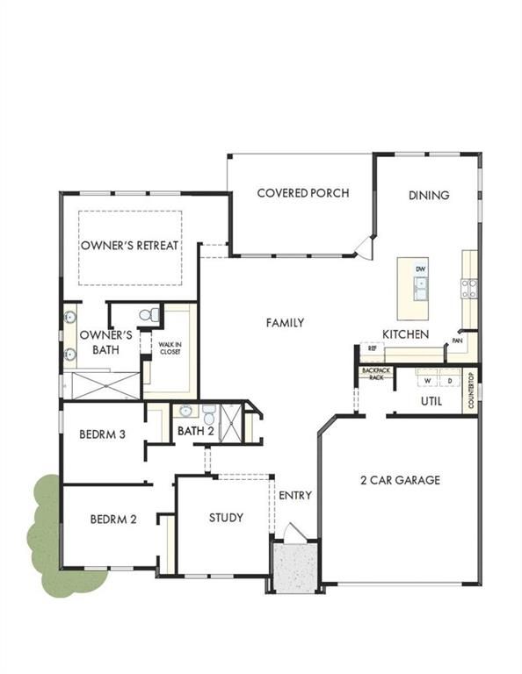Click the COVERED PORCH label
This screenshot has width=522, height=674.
pyautogui.click(x=303, y=193)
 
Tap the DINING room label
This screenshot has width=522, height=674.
pyautogui.click(x=429, y=195)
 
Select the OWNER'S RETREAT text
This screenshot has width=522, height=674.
pyautogui.click(x=129, y=246)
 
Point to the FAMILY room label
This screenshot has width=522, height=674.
pyautogui.click(x=285, y=322)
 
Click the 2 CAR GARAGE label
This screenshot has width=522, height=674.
pyautogui.click(x=400, y=480)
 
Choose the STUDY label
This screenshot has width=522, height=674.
pyautogui.click(x=226, y=518)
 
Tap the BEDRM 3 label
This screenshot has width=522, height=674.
pyautogui.click(x=103, y=434)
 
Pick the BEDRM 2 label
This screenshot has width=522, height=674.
pyautogui.click(x=113, y=520)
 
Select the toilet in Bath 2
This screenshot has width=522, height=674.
pyautogui.click(x=209, y=415)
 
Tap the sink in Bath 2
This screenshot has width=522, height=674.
pyautogui.click(x=185, y=411)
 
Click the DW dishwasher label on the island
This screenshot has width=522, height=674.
pyautogui.click(x=420, y=269)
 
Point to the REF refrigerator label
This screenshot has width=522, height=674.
pyautogui.click(x=373, y=348)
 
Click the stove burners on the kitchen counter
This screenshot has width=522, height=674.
pyautogui.click(x=469, y=289)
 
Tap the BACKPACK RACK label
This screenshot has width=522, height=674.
pyautogui.click(x=376, y=374)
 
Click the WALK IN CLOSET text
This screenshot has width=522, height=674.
pyautogui.click(x=170, y=348)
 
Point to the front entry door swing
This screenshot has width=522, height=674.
pyautogui.click(x=295, y=531)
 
